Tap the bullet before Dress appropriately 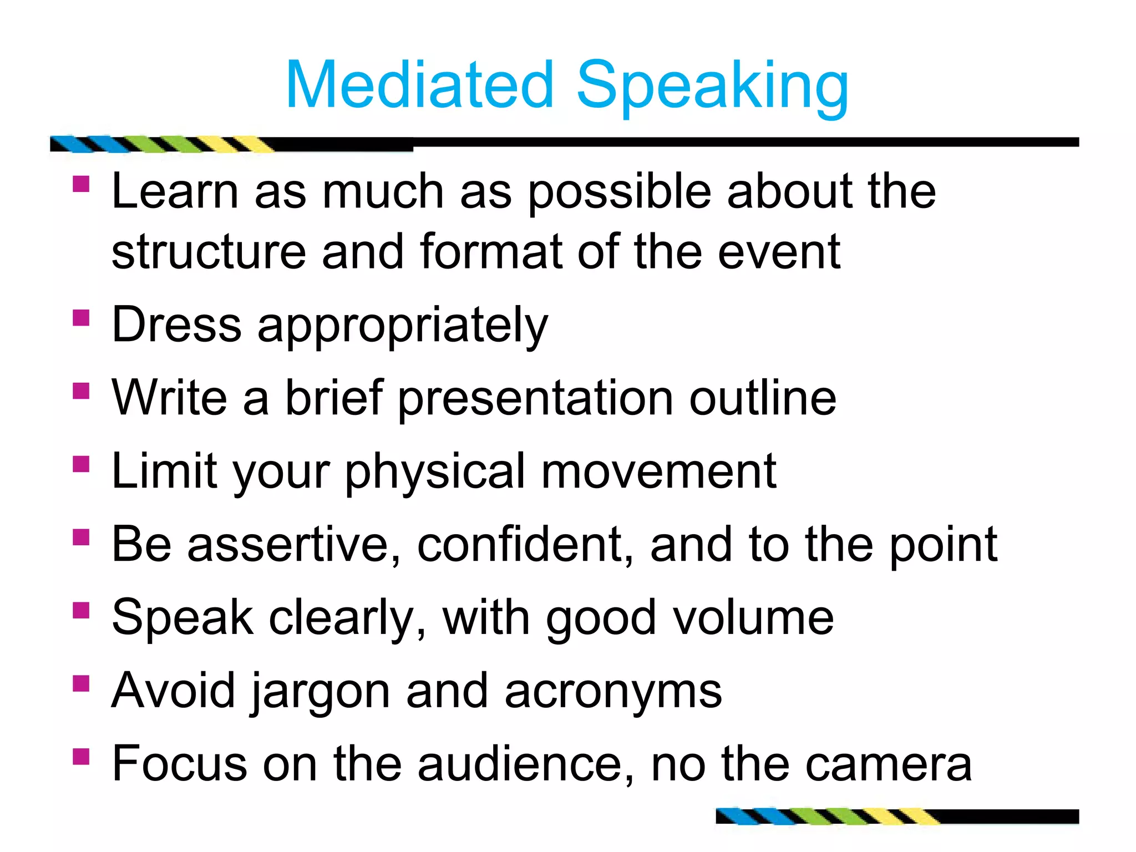[81, 318]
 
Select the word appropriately [403, 326]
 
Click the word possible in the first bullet [620, 192]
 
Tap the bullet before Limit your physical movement [81, 464]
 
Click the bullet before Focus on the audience [81, 756]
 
